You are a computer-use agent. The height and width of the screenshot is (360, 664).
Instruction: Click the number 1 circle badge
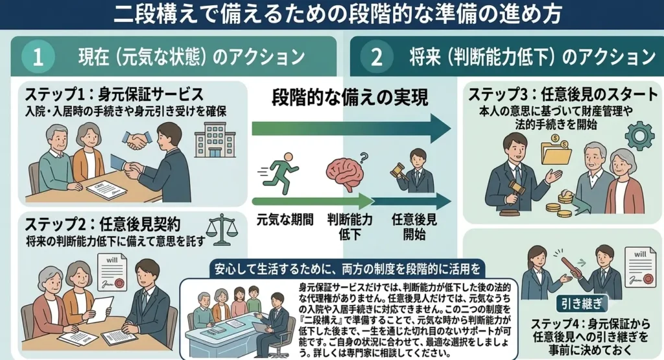click(x=38, y=56)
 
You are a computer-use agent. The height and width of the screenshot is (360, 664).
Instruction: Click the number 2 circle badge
click(x=377, y=56)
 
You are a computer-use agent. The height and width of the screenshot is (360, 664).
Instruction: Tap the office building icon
click(x=215, y=139)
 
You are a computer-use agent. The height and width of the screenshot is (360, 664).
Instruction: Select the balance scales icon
click(x=222, y=229)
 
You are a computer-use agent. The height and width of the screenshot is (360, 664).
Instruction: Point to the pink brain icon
click(x=345, y=174)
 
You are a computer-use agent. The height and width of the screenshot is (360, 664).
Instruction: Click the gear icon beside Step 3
click(x=639, y=135)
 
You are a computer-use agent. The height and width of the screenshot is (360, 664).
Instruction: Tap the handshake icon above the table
click(x=137, y=139)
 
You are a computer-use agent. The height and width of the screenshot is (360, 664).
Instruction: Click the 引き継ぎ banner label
click(x=581, y=304)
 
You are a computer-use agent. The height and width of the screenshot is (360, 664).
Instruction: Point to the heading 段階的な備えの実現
click(x=350, y=98)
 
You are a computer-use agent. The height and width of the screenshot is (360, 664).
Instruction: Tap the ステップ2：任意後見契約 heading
click(x=103, y=224)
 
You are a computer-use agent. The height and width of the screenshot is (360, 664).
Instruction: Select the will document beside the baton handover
click(x=640, y=267)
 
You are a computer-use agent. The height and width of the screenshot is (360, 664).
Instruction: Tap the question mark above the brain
click(x=363, y=158)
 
